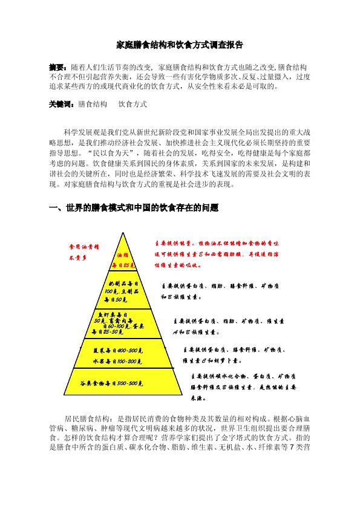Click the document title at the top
180,45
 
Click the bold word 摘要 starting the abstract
58,65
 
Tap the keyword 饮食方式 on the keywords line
133,104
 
